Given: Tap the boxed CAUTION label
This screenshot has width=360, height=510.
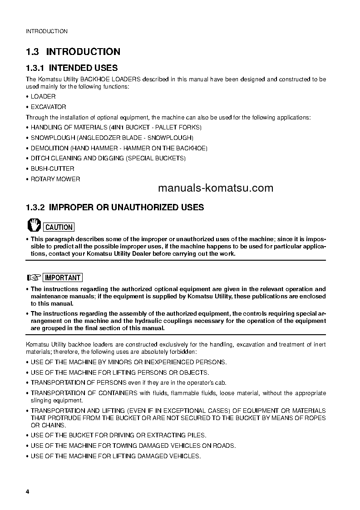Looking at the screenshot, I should pyautogui.click(x=59, y=227).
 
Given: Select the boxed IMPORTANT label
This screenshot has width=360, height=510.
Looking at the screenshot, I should pyautogui.click(x=63, y=277).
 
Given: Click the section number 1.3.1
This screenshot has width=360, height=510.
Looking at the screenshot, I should pyautogui.click(x=35, y=68).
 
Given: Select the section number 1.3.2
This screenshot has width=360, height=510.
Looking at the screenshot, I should pyautogui.click(x=35, y=208).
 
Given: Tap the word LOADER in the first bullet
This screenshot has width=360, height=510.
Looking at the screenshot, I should pyautogui.click(x=43, y=97).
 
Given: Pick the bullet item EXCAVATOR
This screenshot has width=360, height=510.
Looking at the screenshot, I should pyautogui.click(x=48, y=107).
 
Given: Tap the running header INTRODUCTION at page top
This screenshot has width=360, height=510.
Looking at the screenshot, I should pyautogui.click(x=46, y=31).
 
